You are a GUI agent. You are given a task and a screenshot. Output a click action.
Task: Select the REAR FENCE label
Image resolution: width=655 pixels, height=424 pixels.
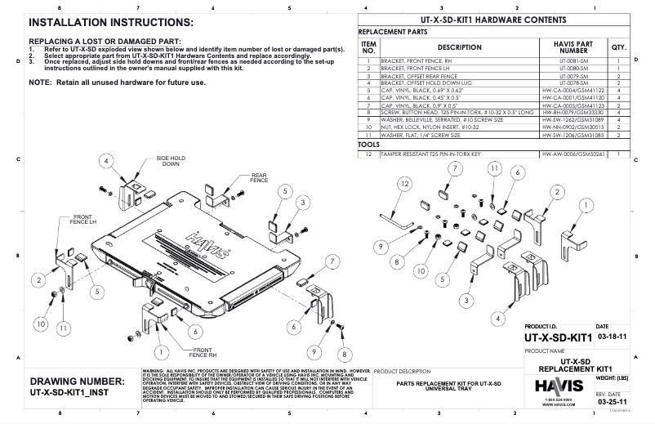[x=259, y=177]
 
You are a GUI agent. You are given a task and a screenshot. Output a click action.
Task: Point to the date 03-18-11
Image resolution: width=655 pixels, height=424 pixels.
[x=612, y=336]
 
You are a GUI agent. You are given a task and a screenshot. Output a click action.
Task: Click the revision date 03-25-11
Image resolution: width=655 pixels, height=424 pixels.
[x=612, y=403]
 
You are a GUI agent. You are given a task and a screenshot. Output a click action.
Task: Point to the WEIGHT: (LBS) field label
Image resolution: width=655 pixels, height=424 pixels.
[x=612, y=378]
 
